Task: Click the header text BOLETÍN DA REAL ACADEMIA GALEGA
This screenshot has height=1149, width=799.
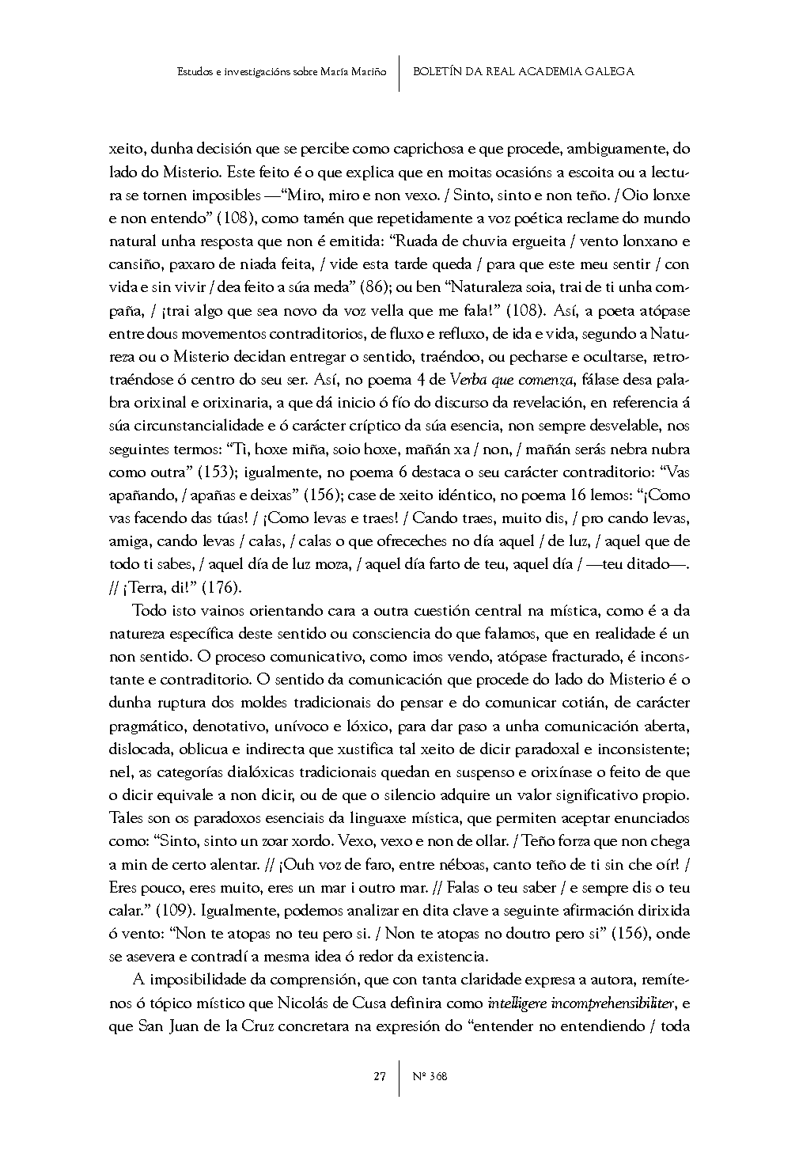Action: pyautogui.click(x=524, y=71)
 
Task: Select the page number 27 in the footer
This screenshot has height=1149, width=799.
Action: pyautogui.click(x=380, y=1076)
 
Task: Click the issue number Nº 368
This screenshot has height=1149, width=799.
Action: pyautogui.click(x=430, y=1076)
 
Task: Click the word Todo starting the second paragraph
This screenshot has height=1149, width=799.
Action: pyautogui.click(x=149, y=610)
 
